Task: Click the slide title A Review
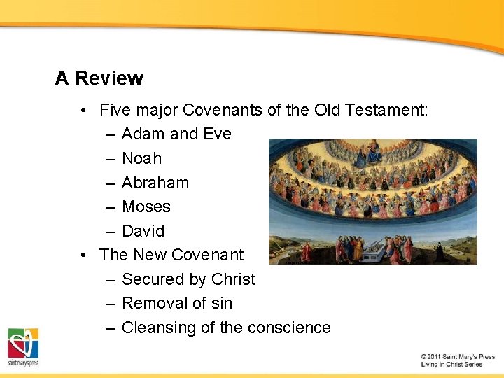click(x=99, y=78)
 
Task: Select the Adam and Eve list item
click(x=176, y=134)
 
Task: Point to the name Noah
click(x=141, y=158)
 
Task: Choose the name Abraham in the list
click(x=155, y=183)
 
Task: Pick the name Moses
click(x=146, y=206)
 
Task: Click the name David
click(x=143, y=231)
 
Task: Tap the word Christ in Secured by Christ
click(x=233, y=279)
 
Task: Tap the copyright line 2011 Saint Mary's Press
click(x=458, y=357)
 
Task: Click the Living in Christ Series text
click(x=451, y=365)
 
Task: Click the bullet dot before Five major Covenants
click(x=83, y=110)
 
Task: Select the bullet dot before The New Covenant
click(x=83, y=255)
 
